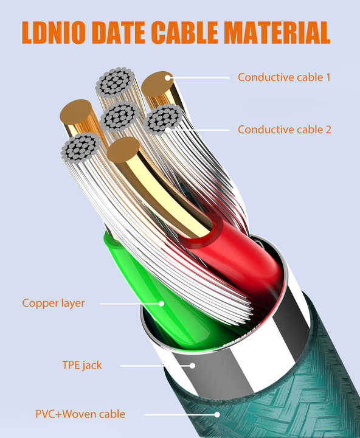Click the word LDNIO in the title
tap(54, 32)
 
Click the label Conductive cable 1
tap(284, 77)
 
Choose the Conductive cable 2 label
tap(285, 130)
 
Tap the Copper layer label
tap(54, 304)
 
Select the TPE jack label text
tap(82, 365)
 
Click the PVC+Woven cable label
tap(80, 414)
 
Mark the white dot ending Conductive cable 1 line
tap(168, 78)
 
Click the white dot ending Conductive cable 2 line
tap(167, 130)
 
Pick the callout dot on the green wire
tap(161, 304)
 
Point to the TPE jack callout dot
tap(192, 366)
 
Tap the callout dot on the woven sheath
tap(217, 414)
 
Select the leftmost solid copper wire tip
tap(76, 112)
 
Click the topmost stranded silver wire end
tap(115, 81)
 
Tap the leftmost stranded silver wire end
tap(80, 147)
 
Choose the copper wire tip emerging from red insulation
tap(123, 150)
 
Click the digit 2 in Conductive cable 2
tap(328, 130)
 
